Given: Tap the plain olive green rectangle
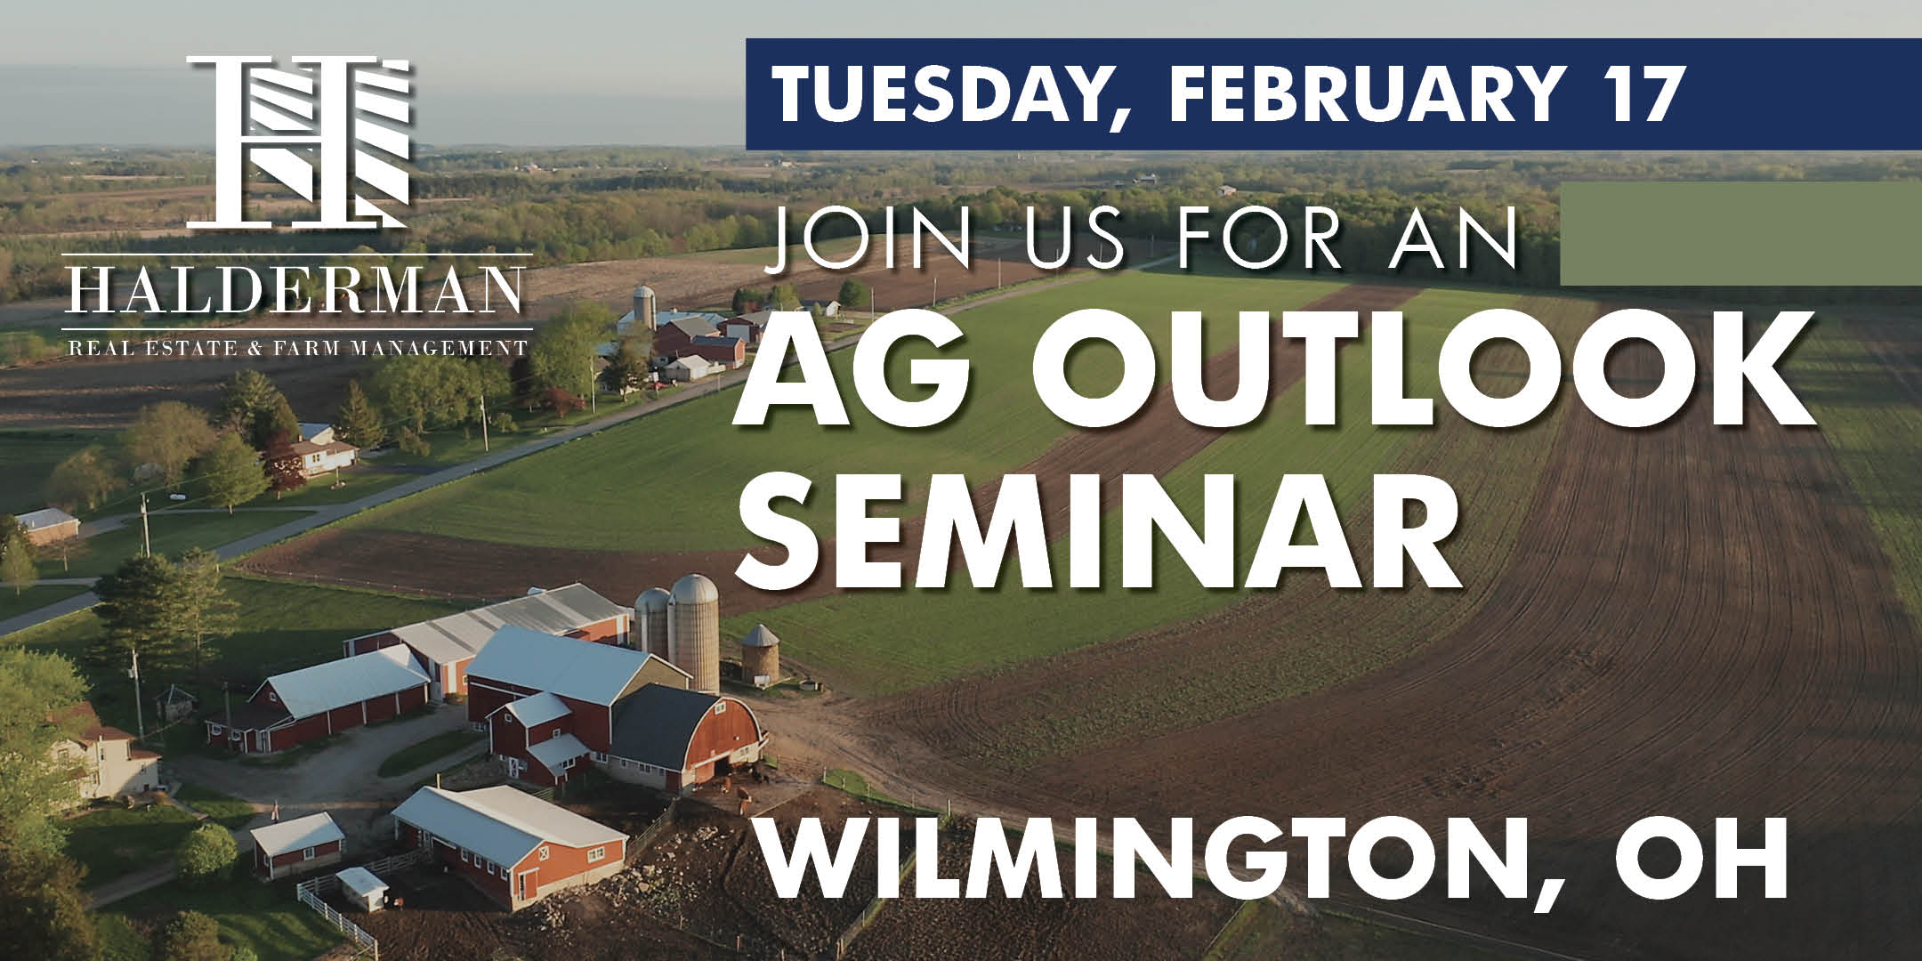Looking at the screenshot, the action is tap(1740, 233).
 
